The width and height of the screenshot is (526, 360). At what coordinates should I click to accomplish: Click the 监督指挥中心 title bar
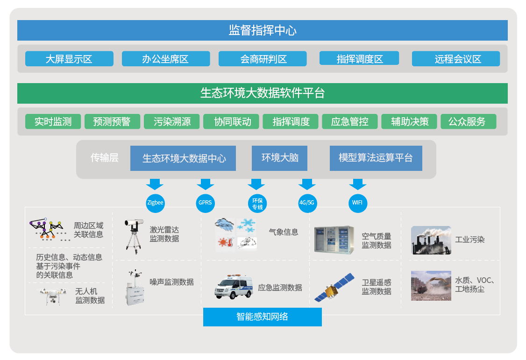pos(263,30)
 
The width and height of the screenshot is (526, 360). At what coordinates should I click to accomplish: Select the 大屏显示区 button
pos(69,59)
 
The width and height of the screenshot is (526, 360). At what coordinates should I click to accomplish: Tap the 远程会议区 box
pos(456,59)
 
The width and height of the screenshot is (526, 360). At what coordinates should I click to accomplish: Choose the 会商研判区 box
pos(263,59)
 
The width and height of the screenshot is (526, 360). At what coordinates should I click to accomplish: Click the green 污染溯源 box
pos(172,121)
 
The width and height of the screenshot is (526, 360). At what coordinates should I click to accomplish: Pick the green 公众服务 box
pos(468,121)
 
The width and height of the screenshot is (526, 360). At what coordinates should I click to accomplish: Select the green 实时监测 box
pos(53,121)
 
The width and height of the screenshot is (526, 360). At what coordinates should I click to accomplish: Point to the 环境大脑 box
pos(279,158)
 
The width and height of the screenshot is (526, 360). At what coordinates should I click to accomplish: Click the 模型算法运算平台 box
pos(376,158)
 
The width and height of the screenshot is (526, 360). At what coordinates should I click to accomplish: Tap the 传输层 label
pos(104,157)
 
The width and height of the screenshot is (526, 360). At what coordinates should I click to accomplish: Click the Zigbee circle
pos(155,203)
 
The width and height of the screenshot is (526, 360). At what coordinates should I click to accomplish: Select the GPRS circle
pos(205,203)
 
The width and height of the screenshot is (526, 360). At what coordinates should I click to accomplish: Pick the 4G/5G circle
pos(307,203)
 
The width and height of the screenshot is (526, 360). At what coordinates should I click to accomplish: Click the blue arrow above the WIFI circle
pos(358,184)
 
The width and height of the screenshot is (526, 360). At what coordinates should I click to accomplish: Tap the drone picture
pos(52,296)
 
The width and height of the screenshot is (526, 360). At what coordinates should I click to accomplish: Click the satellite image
pos(334,288)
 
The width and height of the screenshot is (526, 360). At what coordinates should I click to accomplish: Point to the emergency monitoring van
pos(234,287)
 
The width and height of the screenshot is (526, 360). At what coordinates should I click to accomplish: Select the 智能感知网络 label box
pos(263,317)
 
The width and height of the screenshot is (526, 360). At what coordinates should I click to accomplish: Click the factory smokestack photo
pos(431,240)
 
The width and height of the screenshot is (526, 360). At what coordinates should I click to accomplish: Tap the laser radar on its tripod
pos(134,237)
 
